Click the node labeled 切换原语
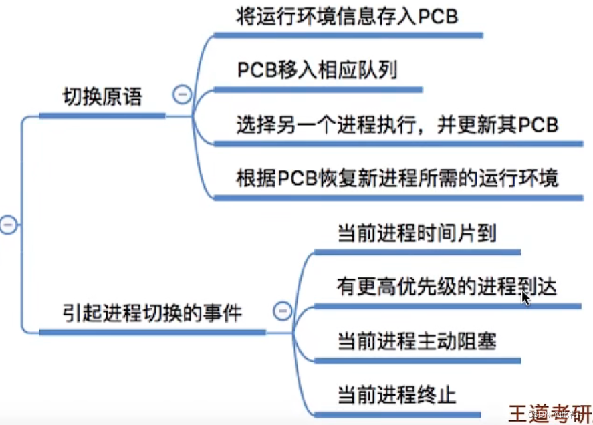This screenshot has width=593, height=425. pos(102,97)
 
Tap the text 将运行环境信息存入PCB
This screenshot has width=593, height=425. pos(347,15)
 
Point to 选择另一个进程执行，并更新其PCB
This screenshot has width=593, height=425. pos(397,124)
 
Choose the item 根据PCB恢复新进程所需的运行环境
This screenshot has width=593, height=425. pos(397,178)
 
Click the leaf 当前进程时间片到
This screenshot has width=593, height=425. pos(416,233)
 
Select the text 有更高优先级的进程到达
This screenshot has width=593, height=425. pos(446,287)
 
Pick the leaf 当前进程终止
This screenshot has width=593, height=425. pos(396,394)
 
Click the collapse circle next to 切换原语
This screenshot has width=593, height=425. pos(181,95)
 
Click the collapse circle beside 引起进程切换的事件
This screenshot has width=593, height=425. pos(283,310)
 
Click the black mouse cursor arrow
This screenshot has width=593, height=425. pos(525,297)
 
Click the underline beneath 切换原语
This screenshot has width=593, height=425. pos(102,116)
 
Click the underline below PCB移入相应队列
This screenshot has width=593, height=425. pos(318,90)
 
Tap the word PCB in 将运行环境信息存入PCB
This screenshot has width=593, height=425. pos(437,15)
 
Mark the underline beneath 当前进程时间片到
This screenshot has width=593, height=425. pos(417,252)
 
